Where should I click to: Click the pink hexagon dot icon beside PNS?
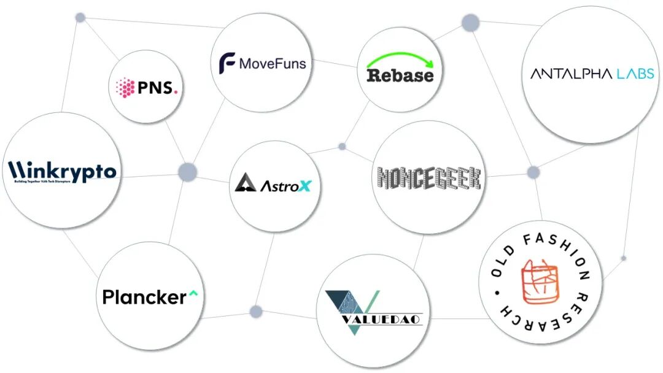click(125, 87)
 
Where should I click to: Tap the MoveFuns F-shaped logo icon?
click(227, 63)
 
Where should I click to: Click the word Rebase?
click(400, 75)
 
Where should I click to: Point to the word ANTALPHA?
click(571, 74)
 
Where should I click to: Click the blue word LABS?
click(635, 74)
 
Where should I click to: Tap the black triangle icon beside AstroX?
click(245, 183)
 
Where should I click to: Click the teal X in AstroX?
click(304, 185)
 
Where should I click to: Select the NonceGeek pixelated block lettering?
click(428, 177)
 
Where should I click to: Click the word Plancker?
click(144, 298)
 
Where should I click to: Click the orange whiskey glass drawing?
click(539, 282)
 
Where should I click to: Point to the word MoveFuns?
click(272, 63)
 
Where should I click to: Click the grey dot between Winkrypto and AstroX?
click(187, 172)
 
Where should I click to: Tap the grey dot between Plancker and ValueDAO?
click(256, 312)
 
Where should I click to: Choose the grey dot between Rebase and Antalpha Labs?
click(470, 23)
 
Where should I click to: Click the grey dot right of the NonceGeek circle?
click(533, 172)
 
